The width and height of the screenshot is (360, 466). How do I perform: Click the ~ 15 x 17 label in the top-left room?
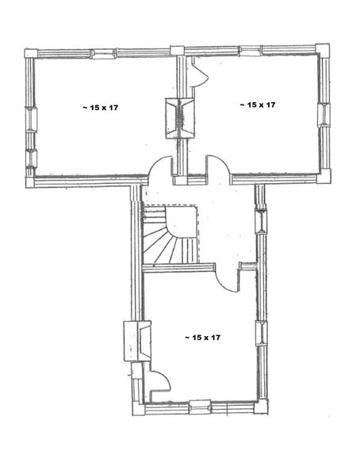coord(100,108)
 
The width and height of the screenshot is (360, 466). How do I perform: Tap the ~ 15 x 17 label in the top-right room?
coord(258,105)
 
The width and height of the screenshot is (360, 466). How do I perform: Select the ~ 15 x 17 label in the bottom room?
coord(202,338)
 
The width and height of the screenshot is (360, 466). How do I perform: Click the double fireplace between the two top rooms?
coord(179,118)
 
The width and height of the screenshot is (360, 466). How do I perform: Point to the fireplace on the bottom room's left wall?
coord(137,341)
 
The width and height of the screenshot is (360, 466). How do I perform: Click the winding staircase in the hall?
coord(170,235)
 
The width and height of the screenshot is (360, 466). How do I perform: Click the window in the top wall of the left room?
coord(103,54)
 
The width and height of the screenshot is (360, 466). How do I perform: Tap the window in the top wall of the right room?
coord(250,51)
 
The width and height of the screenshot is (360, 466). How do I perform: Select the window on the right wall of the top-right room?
coord(324,115)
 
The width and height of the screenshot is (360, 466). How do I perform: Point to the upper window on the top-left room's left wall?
coord(31,119)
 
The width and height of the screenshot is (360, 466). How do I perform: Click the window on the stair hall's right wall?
coord(261,221)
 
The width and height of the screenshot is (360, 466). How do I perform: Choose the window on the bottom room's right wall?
coord(262,333)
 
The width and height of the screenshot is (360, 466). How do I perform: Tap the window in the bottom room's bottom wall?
coord(200,407)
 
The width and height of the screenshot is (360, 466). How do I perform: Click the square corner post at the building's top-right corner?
coord(322,50)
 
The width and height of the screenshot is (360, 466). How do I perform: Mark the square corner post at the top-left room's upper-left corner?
coord(31,54)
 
